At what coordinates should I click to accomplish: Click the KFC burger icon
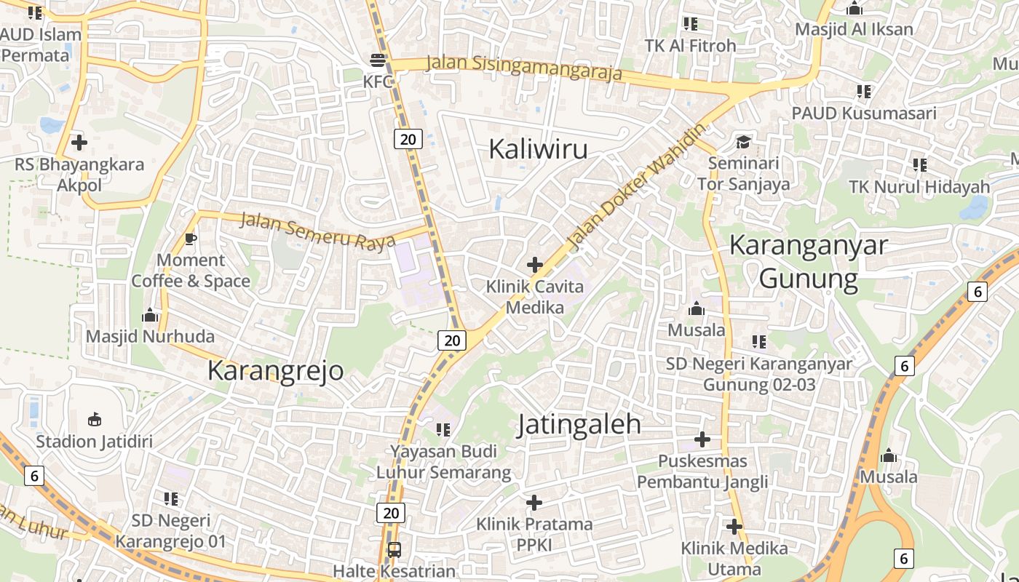click(x=378, y=60)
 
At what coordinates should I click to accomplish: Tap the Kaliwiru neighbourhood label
click(x=538, y=149)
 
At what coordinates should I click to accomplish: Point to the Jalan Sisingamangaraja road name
click(x=524, y=68)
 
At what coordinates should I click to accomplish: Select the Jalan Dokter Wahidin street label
click(x=637, y=187)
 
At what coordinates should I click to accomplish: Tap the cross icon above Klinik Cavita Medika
click(x=535, y=264)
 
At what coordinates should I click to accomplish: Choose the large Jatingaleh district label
click(x=579, y=425)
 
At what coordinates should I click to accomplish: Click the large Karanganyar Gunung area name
click(x=809, y=261)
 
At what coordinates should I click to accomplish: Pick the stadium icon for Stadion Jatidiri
click(x=95, y=419)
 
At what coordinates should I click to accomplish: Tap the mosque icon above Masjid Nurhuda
click(x=151, y=315)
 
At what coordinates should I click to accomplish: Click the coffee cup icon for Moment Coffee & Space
click(x=191, y=238)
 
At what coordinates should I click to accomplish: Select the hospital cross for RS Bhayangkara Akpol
click(x=79, y=142)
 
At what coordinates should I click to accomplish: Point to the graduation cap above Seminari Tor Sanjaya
click(x=743, y=141)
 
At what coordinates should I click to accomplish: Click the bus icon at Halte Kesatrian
click(x=394, y=549)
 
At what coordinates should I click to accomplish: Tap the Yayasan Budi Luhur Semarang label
click(x=443, y=462)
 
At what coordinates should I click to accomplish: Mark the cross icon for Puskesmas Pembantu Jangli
click(x=702, y=439)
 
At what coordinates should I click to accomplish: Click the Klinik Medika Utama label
click(x=734, y=558)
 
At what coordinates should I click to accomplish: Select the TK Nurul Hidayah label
click(x=919, y=187)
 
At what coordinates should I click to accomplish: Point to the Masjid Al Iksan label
click(x=854, y=30)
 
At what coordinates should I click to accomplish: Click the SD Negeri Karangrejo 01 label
click(x=171, y=531)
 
